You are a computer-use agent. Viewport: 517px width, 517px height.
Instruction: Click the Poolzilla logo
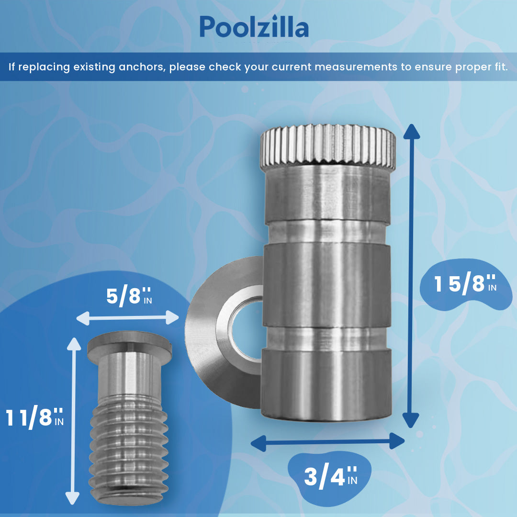pos(254,27)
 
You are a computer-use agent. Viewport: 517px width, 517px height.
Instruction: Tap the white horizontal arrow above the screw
pos(127,317)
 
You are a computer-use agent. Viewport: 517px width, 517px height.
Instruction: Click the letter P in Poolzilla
pos(208,27)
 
